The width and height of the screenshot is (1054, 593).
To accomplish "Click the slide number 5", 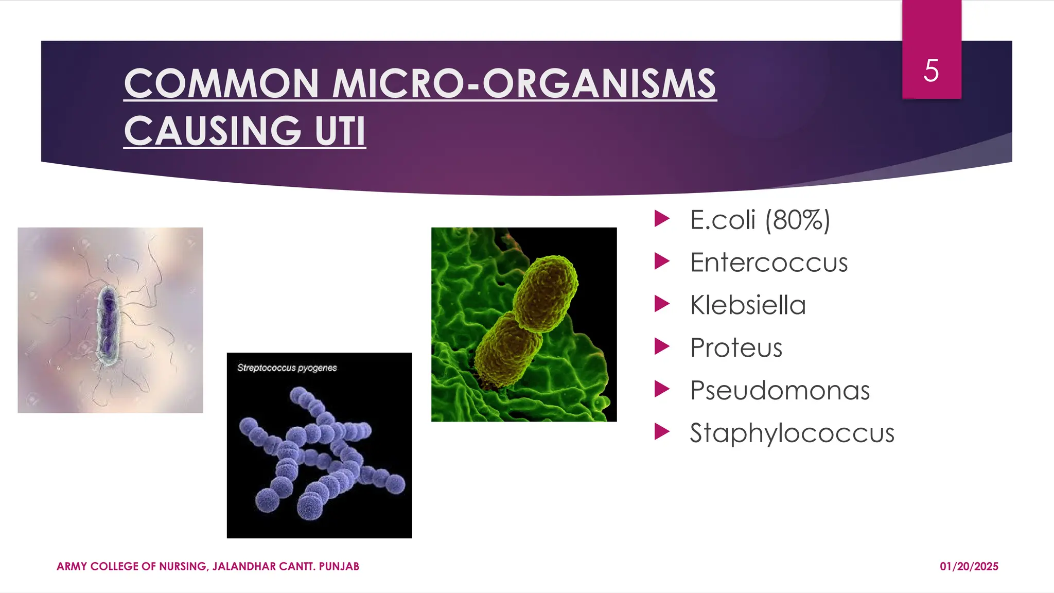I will point(931,71).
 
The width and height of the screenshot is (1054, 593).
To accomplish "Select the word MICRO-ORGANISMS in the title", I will point(524,83).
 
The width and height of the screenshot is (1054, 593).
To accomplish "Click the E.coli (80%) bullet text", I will point(760,220).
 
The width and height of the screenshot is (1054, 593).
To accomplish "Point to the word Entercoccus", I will point(768,263).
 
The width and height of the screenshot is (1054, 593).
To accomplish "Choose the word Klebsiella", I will point(748,305).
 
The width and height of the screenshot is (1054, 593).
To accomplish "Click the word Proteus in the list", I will point(736,348).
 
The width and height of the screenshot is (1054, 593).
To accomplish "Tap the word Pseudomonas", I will point(780,390).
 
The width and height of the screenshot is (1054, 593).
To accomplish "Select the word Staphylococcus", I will point(792,433).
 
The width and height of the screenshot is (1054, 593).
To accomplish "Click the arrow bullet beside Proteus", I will point(661,347).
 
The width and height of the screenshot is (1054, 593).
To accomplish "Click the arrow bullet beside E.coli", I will point(661,219).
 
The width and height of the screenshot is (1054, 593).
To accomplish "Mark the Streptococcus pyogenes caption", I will point(287,368).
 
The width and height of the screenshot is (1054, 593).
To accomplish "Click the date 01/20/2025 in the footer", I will point(969,566).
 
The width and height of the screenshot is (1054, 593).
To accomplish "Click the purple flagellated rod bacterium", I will point(108,325).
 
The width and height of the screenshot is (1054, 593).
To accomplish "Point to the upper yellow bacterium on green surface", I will point(547,293).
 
